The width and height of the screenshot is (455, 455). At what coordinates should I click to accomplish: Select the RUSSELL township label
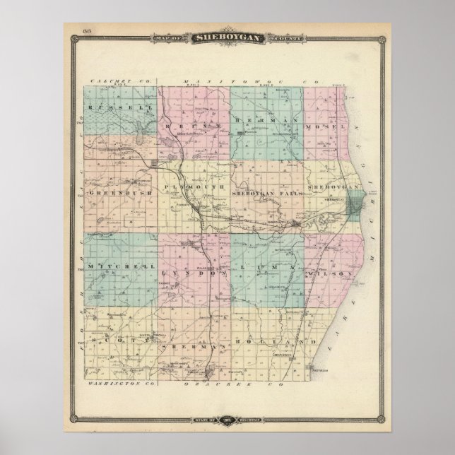click(113, 107)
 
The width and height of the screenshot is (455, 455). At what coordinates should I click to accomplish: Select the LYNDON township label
click(189, 270)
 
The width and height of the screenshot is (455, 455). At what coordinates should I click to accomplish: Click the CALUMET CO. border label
click(112, 83)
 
